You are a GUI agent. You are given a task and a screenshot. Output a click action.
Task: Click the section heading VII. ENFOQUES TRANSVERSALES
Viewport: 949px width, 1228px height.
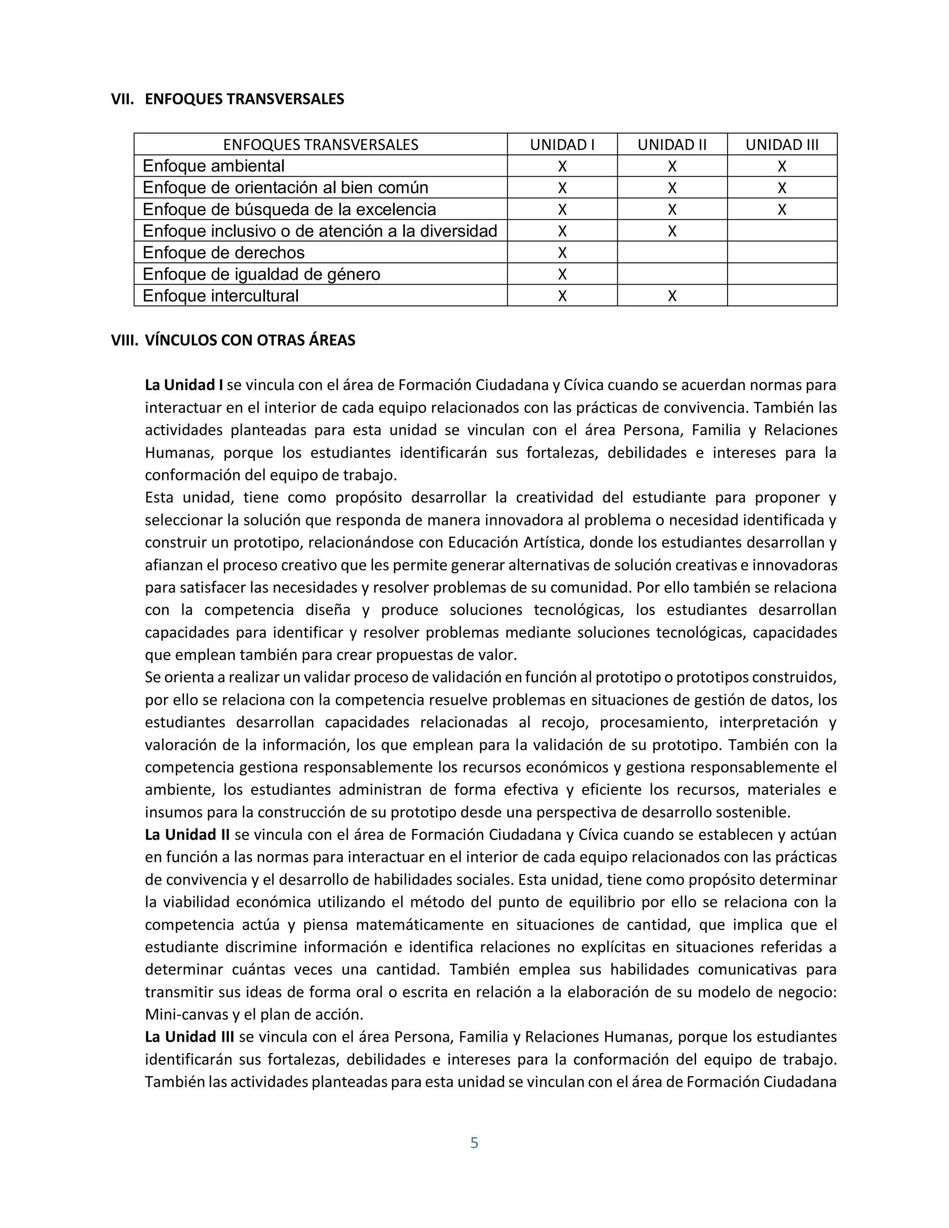point(228,99)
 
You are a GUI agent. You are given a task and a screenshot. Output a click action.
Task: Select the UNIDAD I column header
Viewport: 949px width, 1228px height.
point(562,145)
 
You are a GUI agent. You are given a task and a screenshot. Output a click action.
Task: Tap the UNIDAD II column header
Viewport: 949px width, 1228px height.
point(672,145)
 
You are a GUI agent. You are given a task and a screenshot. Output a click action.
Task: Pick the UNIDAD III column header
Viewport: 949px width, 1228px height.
point(781,145)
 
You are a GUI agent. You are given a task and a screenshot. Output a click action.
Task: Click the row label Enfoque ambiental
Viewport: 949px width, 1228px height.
point(213,166)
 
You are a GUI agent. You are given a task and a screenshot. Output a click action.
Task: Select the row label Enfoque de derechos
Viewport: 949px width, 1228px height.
point(223,253)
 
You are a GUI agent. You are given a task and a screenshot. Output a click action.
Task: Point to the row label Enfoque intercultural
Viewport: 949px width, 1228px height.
point(221,296)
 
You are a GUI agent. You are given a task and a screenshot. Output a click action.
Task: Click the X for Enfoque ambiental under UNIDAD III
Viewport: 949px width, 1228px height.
point(781,166)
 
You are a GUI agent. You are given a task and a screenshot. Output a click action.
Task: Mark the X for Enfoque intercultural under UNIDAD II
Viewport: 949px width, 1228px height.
point(672,296)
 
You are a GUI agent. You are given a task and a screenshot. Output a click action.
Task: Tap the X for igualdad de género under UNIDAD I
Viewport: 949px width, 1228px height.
point(562,274)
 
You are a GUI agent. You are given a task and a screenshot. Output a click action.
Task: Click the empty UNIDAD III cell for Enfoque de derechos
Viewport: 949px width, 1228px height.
point(781,253)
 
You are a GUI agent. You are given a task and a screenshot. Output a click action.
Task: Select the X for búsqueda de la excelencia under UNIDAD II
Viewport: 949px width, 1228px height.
point(672,210)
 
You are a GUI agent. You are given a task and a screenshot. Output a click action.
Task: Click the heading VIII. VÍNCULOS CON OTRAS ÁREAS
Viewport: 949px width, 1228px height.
point(234,340)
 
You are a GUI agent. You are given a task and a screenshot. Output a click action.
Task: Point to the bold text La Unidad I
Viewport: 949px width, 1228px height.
point(184,385)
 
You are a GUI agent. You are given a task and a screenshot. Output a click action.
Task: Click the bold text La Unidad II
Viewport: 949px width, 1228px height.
point(187,835)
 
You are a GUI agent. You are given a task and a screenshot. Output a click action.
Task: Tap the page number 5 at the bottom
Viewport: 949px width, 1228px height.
point(474,1143)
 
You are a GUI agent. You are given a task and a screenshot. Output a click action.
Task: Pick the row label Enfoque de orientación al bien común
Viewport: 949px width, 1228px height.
point(285,187)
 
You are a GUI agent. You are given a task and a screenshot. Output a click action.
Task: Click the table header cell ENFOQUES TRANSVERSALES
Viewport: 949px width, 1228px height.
point(321,145)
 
